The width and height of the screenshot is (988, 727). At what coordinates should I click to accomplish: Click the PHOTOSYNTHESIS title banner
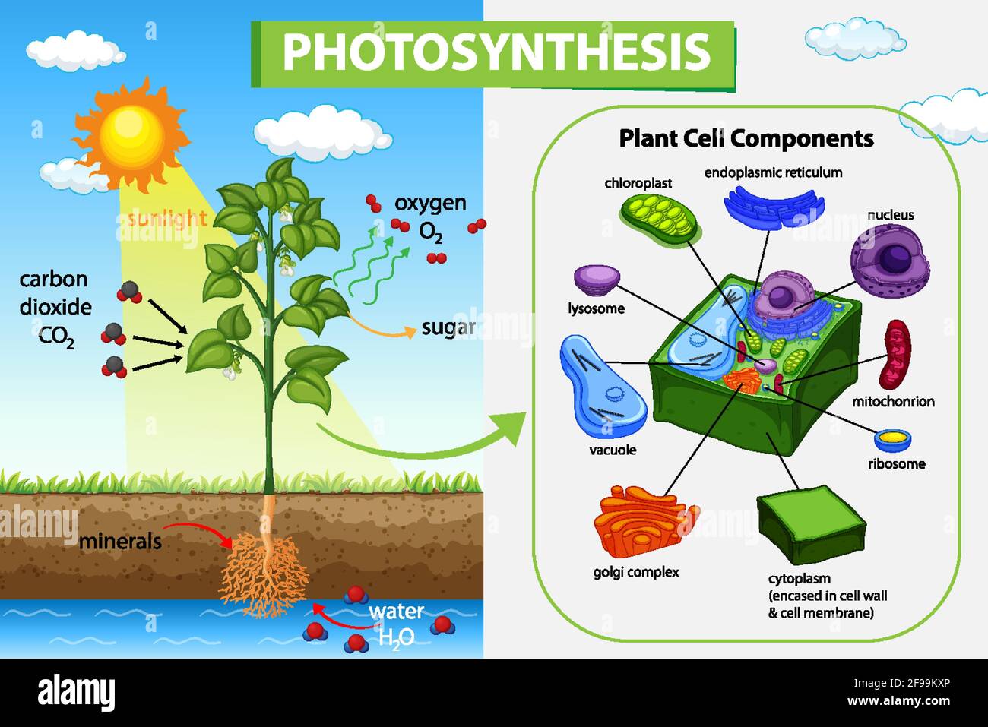[x=492, y=54]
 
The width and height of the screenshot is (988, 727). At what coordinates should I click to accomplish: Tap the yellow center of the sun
[x=131, y=135]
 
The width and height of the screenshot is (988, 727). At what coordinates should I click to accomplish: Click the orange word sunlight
[x=166, y=219]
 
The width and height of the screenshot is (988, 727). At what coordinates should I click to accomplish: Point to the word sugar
[x=448, y=328]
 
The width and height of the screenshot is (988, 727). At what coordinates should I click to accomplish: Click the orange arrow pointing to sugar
[x=382, y=327]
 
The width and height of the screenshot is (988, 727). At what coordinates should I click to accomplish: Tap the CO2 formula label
[x=56, y=338]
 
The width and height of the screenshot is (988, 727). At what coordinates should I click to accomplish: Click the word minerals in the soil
[x=120, y=542]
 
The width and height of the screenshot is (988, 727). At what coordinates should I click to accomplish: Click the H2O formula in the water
[x=396, y=637]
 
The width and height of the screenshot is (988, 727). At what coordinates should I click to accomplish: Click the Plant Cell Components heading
[x=746, y=138]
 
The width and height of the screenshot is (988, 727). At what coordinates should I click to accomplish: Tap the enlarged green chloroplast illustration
[x=659, y=218]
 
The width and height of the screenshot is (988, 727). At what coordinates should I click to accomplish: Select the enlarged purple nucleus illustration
[x=890, y=261]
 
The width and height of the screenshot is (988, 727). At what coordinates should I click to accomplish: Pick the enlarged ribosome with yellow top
[x=893, y=441]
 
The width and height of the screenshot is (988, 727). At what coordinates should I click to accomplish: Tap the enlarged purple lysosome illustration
[x=597, y=280]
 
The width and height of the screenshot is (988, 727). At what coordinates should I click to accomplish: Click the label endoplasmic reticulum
[x=773, y=172]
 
